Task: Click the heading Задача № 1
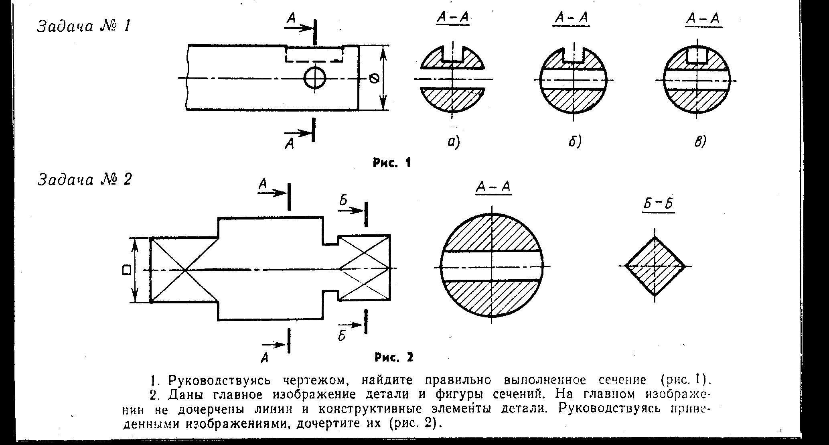click(84, 27)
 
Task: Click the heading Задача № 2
click(85, 180)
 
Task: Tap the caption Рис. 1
click(392, 163)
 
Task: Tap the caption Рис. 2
click(394, 357)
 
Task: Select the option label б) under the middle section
click(575, 141)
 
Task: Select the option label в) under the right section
click(700, 141)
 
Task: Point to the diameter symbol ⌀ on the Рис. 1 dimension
click(374, 79)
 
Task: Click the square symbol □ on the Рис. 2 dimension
click(127, 270)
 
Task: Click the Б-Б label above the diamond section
click(658, 204)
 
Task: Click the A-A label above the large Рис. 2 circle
click(493, 187)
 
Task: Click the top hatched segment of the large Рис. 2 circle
click(493, 233)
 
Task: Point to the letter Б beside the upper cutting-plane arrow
click(343, 201)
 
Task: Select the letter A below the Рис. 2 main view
click(264, 357)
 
